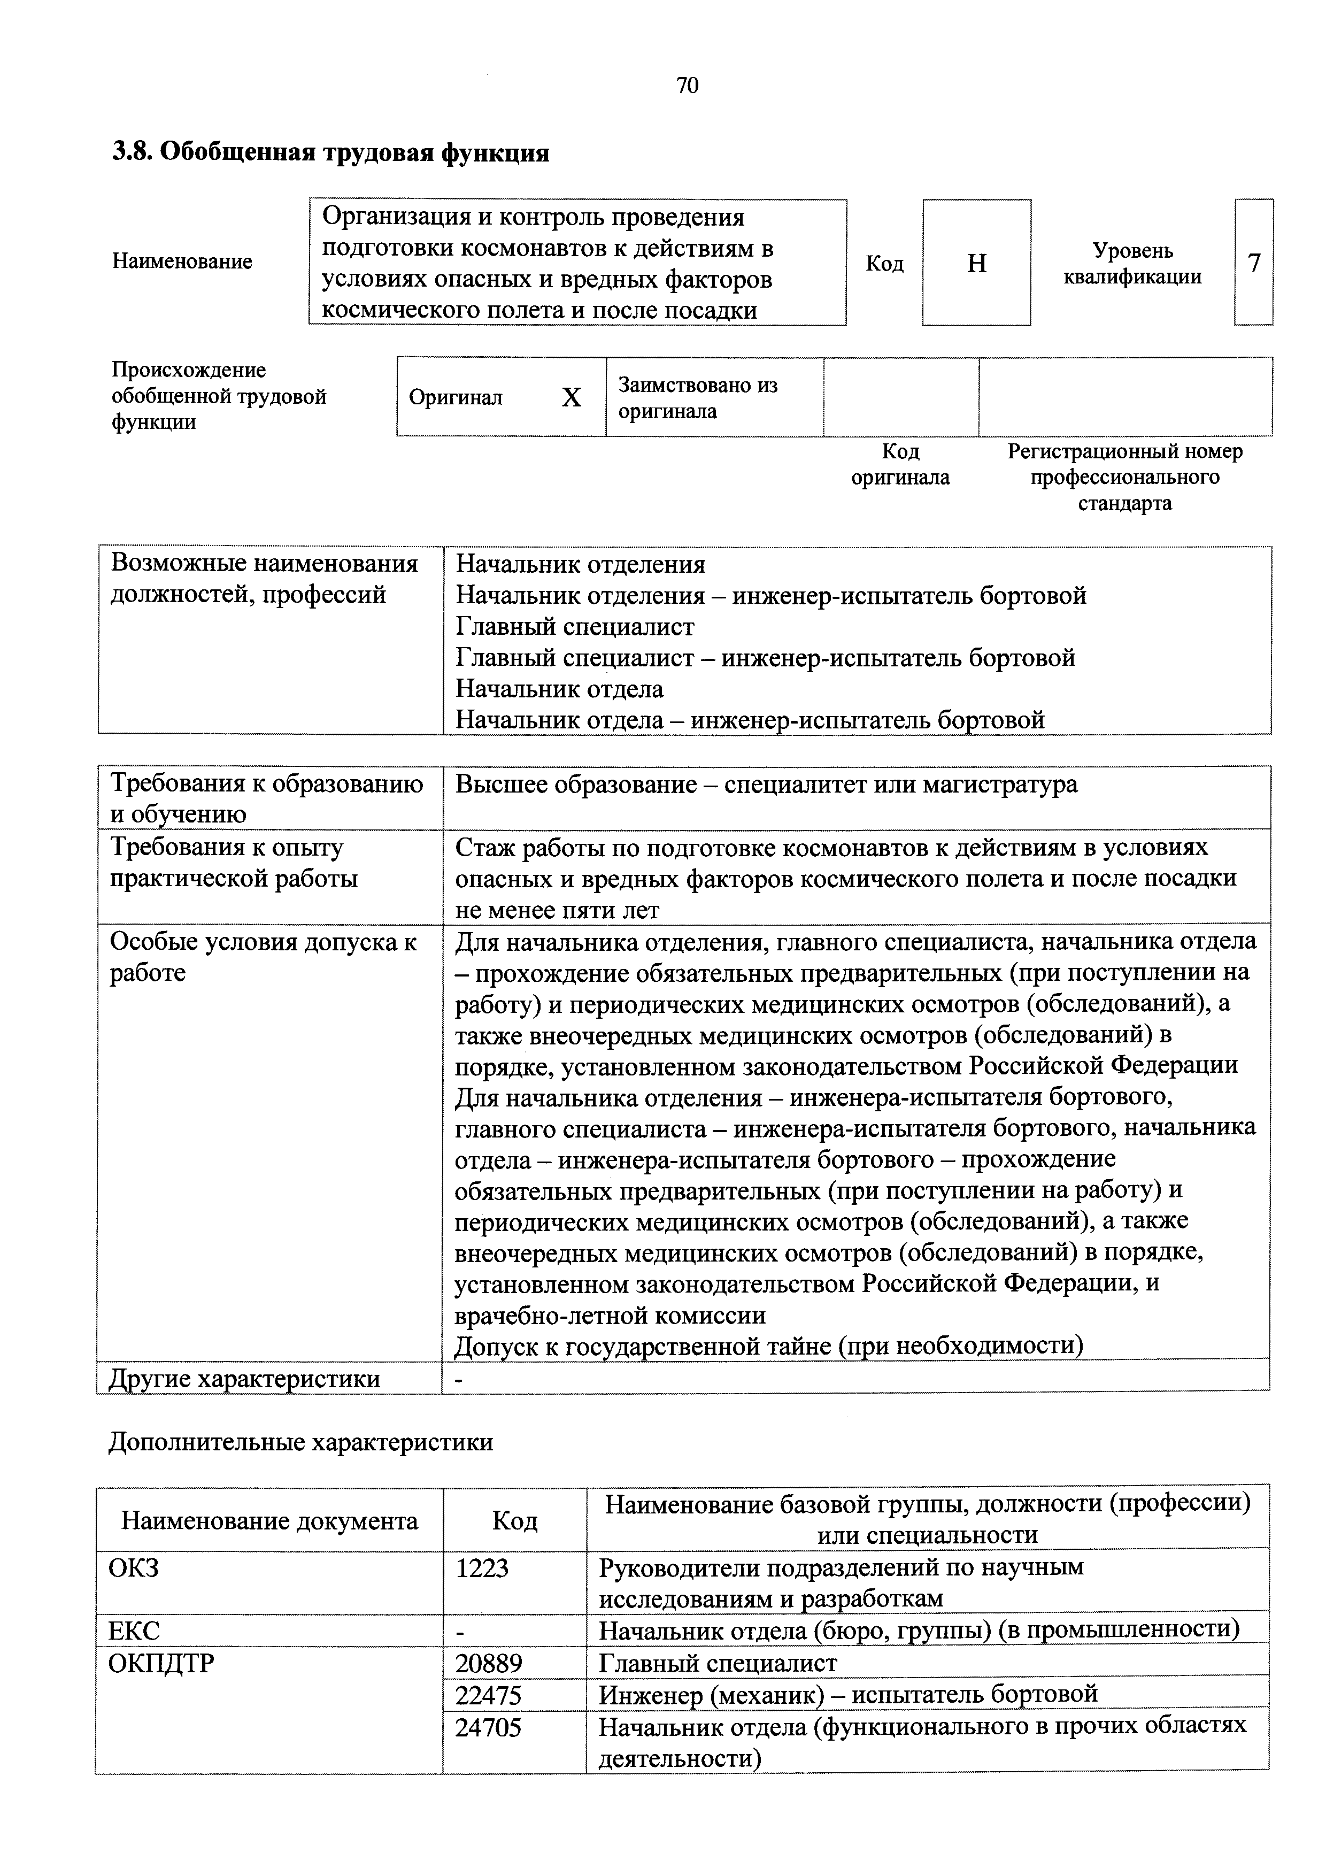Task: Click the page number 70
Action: tap(687, 86)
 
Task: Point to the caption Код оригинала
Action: tap(900, 464)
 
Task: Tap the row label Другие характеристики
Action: tap(245, 1379)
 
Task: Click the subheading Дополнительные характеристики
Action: tap(300, 1442)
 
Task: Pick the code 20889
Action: tap(489, 1664)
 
